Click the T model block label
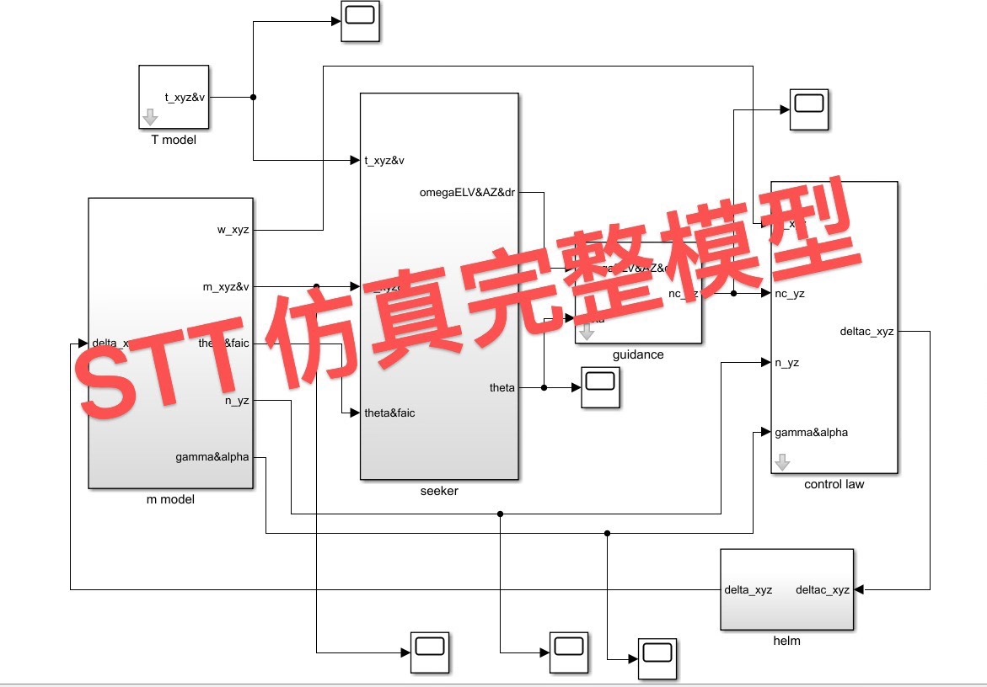click(x=174, y=140)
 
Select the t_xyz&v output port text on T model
click(x=185, y=97)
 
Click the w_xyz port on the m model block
click(x=233, y=230)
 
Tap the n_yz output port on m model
click(x=236, y=401)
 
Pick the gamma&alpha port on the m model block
click(x=212, y=457)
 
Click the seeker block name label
click(x=439, y=491)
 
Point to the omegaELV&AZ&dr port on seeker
click(x=467, y=192)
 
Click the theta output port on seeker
click(x=502, y=387)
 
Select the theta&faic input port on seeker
click(x=389, y=413)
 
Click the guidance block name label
click(x=638, y=354)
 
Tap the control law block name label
click(x=834, y=484)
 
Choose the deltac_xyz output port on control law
click(x=866, y=332)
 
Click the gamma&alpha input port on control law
click(x=811, y=432)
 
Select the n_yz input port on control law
click(x=787, y=363)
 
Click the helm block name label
click(x=786, y=641)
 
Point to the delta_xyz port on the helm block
click(x=748, y=589)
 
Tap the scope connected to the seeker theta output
click(x=601, y=387)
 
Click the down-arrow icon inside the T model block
click(x=150, y=117)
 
